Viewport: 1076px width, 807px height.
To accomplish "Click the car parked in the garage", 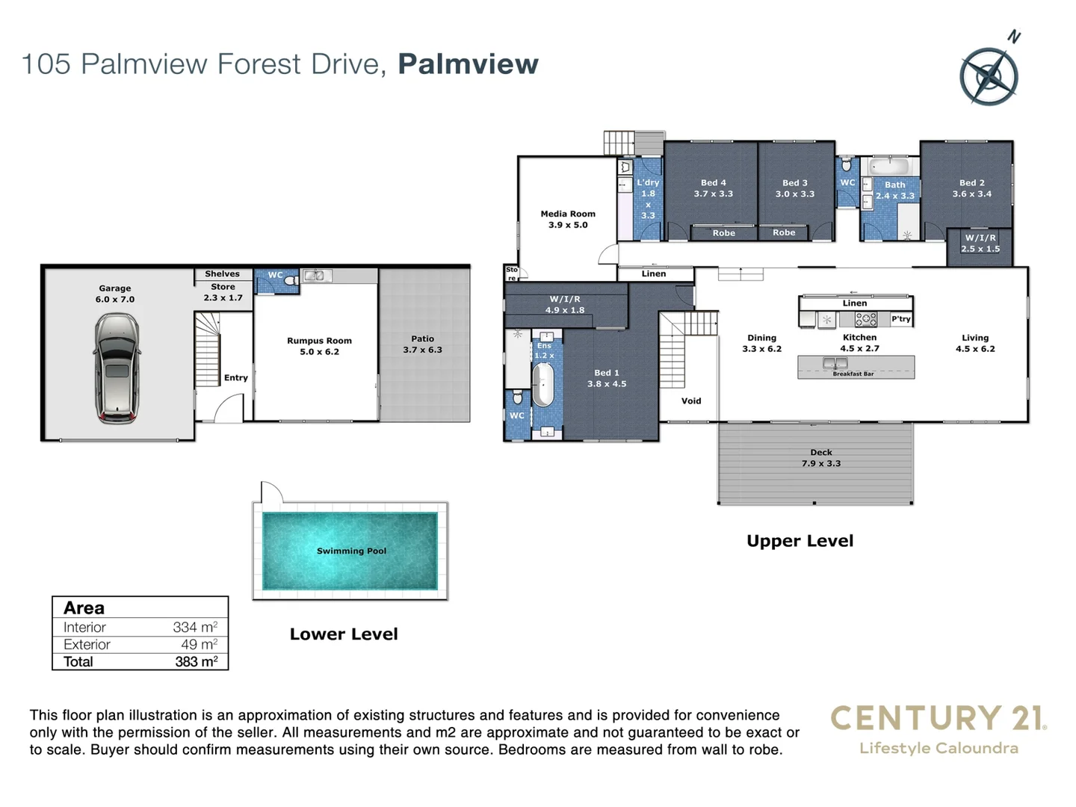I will click(x=116, y=368).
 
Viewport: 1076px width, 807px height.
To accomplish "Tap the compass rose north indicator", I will click(x=989, y=75).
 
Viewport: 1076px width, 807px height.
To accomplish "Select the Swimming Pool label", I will click(x=351, y=551).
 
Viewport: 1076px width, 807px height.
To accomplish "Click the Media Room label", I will click(x=568, y=219).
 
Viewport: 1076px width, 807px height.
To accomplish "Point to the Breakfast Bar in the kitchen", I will click(x=856, y=367).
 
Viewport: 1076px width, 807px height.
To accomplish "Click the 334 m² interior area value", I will click(x=194, y=628).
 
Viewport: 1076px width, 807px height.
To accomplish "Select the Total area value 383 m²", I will click(x=196, y=662).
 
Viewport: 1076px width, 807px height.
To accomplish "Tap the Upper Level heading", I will click(x=800, y=541).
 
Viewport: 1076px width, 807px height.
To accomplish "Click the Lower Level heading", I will click(x=344, y=634).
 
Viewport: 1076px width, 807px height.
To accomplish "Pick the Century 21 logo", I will click(x=939, y=729).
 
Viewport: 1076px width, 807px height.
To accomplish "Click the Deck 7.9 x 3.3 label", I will click(x=820, y=458).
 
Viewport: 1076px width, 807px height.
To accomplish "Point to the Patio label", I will click(x=422, y=344).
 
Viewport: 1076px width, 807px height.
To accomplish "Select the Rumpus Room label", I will click(x=319, y=346).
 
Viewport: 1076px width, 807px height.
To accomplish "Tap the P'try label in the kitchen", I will click(x=901, y=319).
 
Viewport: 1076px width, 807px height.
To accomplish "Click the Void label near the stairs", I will click(x=691, y=401).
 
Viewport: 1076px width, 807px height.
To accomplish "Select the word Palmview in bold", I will click(x=468, y=64).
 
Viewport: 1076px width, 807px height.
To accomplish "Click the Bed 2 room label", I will click(x=971, y=188).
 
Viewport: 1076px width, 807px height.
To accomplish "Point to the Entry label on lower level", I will click(x=235, y=378).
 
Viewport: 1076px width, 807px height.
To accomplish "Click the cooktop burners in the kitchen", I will click(x=865, y=320).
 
